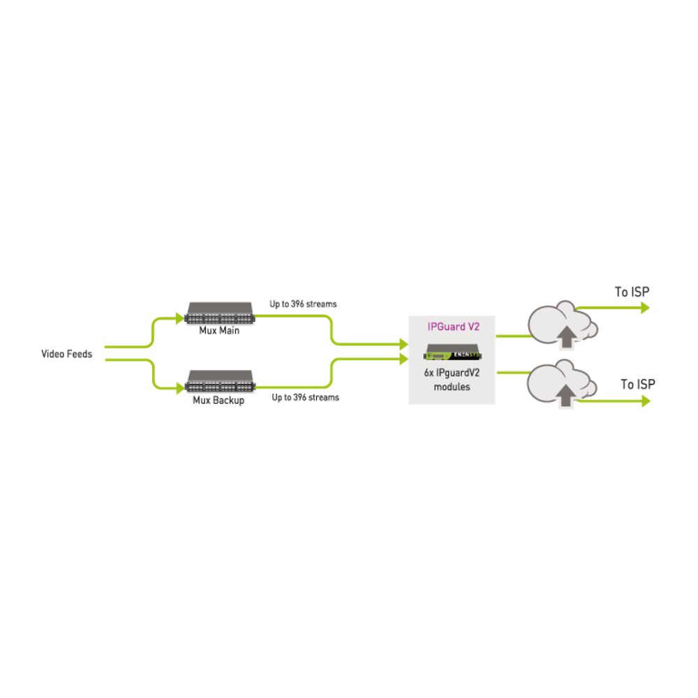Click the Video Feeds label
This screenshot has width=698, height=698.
coord(67,354)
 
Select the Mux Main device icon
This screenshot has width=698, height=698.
coord(219,313)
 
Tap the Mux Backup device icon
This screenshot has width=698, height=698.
coord(220,382)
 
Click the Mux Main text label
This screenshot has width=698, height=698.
coord(219,330)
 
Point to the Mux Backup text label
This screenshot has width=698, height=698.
coord(218,400)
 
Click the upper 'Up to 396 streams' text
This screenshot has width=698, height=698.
coord(303,304)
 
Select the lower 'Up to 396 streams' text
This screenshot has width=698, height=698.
coord(306,397)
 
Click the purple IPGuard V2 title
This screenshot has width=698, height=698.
coord(453,327)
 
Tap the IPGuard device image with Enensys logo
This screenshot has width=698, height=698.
coord(452,352)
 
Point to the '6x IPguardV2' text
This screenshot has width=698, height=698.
coord(452,373)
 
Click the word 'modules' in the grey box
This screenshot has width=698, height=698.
coord(452,387)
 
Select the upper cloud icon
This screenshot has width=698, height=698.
coord(563,324)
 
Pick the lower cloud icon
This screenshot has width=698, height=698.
coord(562,383)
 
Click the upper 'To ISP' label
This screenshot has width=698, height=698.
coord(632,292)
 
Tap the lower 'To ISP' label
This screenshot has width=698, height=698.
coord(638,384)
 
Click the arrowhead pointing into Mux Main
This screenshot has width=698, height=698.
coord(180,318)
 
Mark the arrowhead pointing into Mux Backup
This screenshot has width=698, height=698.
coord(180,387)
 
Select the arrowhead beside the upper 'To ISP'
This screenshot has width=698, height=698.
coord(646,308)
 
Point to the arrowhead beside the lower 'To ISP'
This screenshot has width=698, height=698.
coord(646,401)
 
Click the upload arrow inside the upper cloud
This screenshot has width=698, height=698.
coord(567,336)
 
